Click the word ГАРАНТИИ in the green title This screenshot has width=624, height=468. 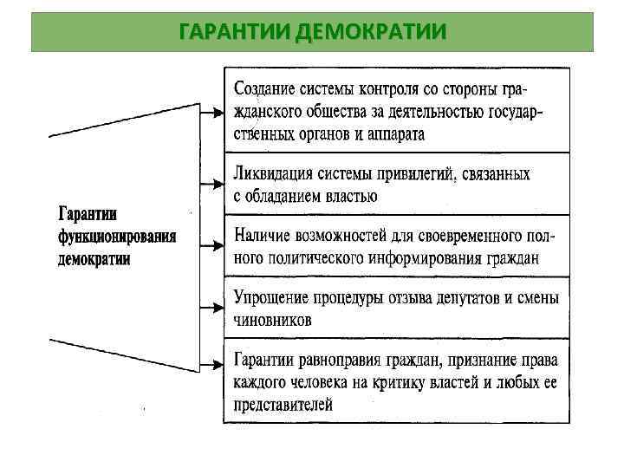[233, 33]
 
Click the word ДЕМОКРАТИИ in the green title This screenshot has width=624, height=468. [371, 33]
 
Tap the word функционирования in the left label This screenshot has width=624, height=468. [117, 237]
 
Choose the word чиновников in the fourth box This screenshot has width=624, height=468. [272, 320]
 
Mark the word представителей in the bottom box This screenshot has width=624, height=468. [283, 405]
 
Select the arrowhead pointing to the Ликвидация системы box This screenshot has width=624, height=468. [217, 184]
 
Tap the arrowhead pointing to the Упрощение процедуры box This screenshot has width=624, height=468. [217, 307]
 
